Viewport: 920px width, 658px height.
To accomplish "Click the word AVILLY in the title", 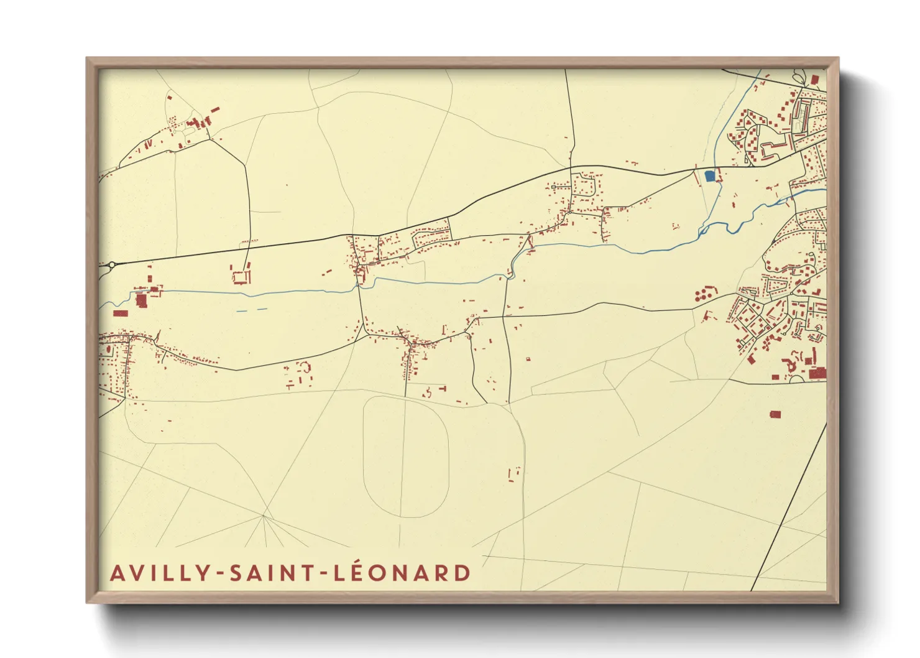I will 163,573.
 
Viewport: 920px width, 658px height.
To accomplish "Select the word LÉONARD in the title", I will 403,573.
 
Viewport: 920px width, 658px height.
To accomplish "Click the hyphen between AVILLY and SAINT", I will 221,574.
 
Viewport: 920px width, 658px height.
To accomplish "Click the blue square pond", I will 709,176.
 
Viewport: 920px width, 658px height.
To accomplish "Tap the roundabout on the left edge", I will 111,266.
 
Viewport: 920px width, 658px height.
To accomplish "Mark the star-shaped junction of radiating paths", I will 264,516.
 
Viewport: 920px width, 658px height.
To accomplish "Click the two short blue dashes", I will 252,310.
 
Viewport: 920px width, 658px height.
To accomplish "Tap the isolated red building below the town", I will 775,414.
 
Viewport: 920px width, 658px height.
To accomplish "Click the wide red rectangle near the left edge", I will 120,313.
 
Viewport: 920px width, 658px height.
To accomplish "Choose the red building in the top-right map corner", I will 815,80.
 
